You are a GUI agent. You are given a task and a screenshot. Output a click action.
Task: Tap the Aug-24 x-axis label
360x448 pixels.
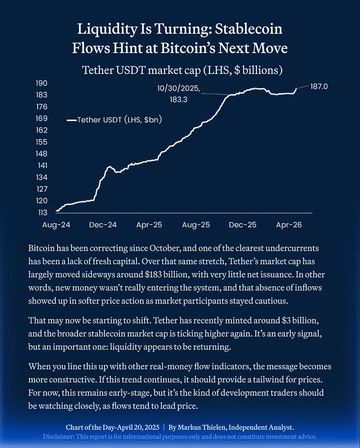coord(56,225)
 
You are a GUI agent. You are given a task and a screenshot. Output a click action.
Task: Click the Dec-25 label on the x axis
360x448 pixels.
coord(242,225)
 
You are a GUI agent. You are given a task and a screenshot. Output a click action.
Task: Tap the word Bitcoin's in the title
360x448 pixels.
coord(218,49)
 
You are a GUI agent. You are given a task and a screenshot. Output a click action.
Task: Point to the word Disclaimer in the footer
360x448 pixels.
coord(59,436)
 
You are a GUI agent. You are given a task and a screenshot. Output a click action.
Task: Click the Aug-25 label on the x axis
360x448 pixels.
coord(196,225)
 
